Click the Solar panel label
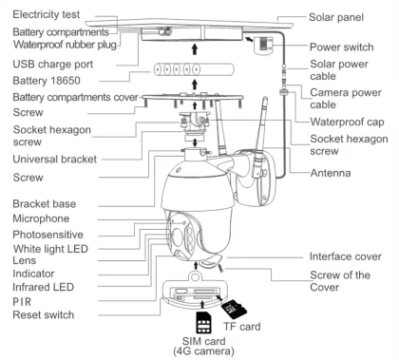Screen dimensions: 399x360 (336, 17)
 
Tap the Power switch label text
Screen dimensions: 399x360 (341, 47)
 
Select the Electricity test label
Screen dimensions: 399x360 (47, 14)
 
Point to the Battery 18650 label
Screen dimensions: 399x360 (47, 81)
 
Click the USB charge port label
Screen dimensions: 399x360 (53, 65)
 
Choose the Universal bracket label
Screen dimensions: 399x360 (55, 159)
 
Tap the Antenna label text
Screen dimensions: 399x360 (331, 173)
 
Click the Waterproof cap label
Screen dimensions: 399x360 (347, 122)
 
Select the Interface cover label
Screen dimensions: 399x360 (346, 256)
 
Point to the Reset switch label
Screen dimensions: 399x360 (44, 315)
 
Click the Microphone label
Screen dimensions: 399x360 (41, 218)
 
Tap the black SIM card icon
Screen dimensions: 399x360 (203, 322)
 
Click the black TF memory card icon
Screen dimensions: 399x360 (234, 309)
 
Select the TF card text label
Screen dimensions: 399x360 (242, 327)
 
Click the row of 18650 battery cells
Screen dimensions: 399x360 (194, 69)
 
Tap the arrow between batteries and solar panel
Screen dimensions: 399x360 (195, 49)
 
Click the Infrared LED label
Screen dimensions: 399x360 (43, 287)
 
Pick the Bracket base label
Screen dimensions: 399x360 (45, 204)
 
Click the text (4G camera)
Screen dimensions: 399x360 (203, 351)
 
